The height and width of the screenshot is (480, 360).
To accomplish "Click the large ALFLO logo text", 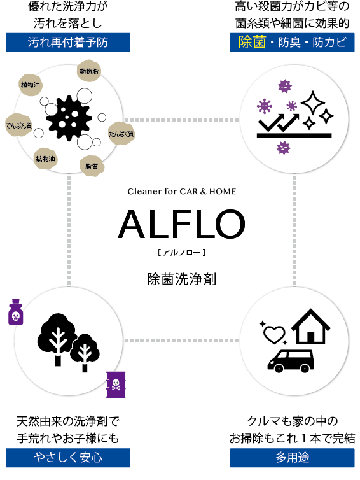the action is point(181,224).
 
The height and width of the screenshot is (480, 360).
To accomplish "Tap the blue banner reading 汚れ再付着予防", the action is point(68,43).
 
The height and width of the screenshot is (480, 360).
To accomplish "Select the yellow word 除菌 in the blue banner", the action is point(253,42).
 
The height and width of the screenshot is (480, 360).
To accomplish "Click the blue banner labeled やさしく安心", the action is point(68,458).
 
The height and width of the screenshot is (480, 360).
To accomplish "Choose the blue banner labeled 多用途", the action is point(292,458).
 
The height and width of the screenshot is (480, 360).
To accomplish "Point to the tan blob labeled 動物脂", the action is point(88,71).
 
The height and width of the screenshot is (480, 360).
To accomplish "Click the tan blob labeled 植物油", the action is point(30,85).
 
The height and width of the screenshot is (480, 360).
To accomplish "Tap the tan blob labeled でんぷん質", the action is point(18,125).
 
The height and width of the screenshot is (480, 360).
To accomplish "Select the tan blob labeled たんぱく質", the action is point(121,134).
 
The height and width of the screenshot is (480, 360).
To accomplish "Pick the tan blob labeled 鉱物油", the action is point(45,159).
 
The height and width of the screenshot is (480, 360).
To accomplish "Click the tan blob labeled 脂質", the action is point(92,166).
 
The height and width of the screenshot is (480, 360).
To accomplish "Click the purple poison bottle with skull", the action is point(16,312).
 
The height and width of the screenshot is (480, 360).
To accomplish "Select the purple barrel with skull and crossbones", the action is point(116,385).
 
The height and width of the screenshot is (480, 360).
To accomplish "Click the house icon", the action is point(311,327).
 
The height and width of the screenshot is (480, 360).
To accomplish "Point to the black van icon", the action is point(291,361).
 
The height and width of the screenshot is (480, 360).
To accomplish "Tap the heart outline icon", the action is point(274,334).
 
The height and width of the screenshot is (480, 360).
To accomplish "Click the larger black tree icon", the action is point(57,338).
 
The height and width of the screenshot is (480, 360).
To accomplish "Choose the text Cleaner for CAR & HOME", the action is point(182,192).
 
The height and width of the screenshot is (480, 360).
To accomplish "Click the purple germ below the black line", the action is point(283,148).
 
